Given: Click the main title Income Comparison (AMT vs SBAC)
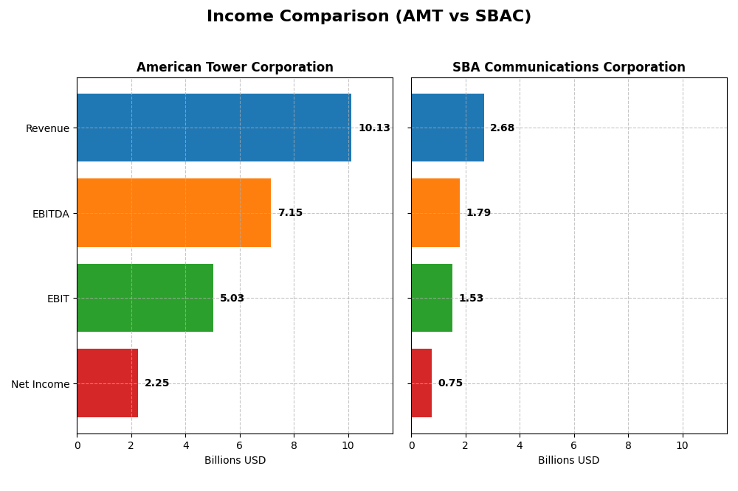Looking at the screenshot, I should point(368,16).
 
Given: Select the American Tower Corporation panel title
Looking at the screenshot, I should point(235,67).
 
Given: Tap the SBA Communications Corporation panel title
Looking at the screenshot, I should point(568,67).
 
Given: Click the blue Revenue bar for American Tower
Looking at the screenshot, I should point(214,128).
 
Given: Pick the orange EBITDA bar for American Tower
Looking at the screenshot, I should point(173,212).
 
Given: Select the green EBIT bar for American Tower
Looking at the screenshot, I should point(145,298).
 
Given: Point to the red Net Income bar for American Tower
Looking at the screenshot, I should point(107,383).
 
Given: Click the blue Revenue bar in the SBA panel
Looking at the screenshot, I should point(447,128).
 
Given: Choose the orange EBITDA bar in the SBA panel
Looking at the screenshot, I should point(435,212).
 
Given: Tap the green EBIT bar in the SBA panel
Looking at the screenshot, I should point(432,298).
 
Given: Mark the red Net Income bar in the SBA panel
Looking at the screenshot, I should point(421,383).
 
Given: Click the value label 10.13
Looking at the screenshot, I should point(374,128).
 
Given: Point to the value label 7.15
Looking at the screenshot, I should point(290,213).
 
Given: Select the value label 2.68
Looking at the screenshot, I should point(502,128).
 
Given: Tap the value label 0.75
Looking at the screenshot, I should point(450,383).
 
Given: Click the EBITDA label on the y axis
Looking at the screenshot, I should point(50,214).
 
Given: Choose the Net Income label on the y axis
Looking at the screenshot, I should point(40,384).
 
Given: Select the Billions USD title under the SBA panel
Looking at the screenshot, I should point(568,460).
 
